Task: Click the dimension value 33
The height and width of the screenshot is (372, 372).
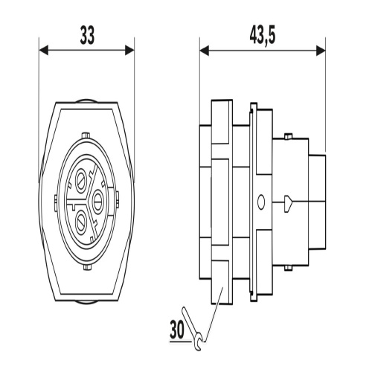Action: point(87,36)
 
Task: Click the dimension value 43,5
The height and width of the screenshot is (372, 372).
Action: point(263,36)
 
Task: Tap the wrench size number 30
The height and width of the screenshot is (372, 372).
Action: point(177,330)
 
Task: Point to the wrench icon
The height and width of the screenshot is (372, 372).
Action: point(193,329)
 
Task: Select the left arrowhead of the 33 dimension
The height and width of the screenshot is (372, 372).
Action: point(44,51)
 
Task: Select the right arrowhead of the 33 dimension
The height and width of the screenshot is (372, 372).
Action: point(129,51)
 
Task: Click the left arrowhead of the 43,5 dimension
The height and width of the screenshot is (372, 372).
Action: point(205,51)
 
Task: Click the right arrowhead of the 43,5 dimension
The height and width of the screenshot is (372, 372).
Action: point(321,51)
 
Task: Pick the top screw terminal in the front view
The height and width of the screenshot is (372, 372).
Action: point(81,181)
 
